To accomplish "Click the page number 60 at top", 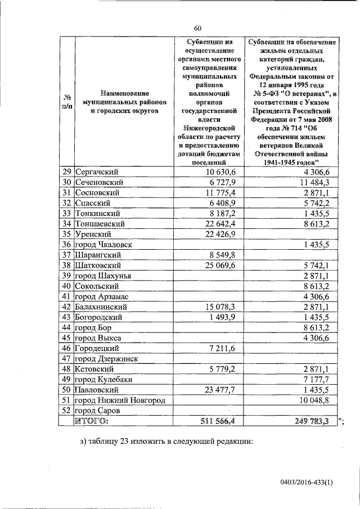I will [x=197, y=28].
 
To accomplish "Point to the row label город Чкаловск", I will [x=104, y=244].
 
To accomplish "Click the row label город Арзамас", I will [x=102, y=296].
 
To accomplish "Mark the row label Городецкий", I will [x=97, y=348].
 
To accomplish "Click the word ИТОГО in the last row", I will [x=93, y=421].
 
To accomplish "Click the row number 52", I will [x=67, y=410].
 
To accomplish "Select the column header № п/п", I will [x=67, y=101].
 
